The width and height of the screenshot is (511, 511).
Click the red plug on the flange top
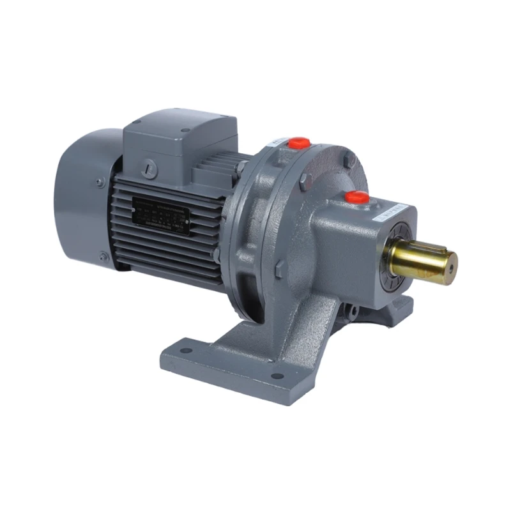(x=299, y=142)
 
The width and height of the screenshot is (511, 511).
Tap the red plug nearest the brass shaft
(x=358, y=197)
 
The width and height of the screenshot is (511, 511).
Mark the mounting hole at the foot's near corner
(x=276, y=376)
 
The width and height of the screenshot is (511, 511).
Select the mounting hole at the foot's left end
(x=185, y=351)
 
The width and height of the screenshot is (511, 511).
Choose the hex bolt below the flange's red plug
(x=305, y=180)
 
